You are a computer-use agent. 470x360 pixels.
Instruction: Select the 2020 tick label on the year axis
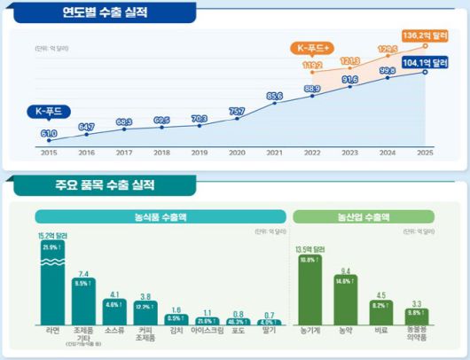(x=237, y=152)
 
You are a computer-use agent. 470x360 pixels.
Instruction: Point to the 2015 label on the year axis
(x=49, y=152)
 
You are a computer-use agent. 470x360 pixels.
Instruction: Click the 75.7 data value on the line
(x=237, y=111)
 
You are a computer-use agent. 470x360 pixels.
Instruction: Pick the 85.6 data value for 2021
(x=274, y=96)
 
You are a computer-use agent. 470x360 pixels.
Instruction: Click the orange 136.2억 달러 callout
(x=427, y=35)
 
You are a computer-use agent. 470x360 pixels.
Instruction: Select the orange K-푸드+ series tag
(x=314, y=46)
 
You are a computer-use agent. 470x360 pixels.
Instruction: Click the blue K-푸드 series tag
(x=51, y=112)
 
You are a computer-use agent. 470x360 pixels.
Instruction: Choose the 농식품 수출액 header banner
(x=161, y=216)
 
